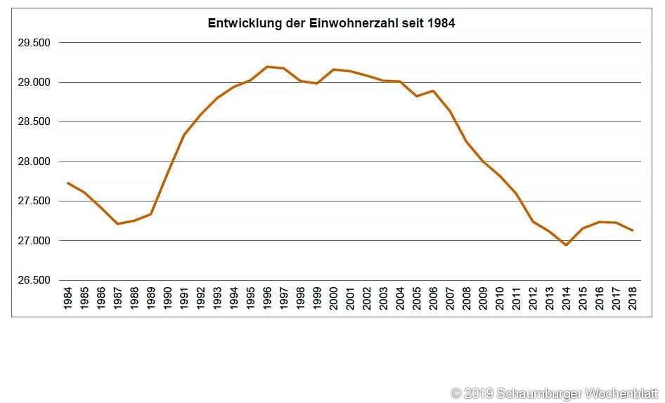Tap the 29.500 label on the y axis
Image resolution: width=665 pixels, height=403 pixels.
34,43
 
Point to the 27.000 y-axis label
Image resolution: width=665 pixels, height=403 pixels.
34,241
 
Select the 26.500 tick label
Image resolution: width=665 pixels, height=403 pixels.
34,280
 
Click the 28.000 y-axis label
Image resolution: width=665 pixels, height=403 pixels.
34,161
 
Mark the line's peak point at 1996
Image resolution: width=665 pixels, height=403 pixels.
267,67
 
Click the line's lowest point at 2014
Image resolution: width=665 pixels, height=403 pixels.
566,245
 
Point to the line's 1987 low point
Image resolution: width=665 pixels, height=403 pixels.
117,224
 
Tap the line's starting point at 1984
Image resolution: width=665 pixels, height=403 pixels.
68,183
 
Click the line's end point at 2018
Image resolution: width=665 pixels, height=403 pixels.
633,230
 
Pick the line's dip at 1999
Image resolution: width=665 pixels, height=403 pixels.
316,84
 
